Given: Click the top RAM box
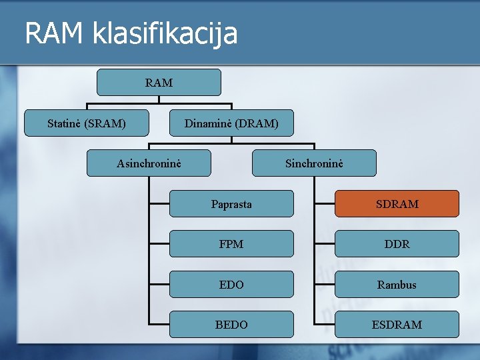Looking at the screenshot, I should coord(159,83).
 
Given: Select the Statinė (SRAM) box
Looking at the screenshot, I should coord(87,123).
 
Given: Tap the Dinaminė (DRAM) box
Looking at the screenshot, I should coord(231,123).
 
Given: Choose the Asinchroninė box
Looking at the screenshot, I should coord(149,163).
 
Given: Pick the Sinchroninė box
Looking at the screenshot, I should coord(314,163).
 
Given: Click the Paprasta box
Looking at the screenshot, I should coord(231,204).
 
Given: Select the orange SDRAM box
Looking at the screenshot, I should coord(397,204).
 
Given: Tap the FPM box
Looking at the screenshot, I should coord(231,244).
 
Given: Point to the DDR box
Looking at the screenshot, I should coord(397,244).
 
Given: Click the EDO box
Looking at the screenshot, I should coord(231,285).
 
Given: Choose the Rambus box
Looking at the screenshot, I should coord(397,285).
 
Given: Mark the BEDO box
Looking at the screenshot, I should coord(231,325).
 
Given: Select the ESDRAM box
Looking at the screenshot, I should coord(397,325).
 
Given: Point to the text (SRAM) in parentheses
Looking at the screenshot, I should coord(105,123).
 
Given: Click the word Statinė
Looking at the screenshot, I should coord(65,123).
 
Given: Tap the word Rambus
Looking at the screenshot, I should coord(397,285).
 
